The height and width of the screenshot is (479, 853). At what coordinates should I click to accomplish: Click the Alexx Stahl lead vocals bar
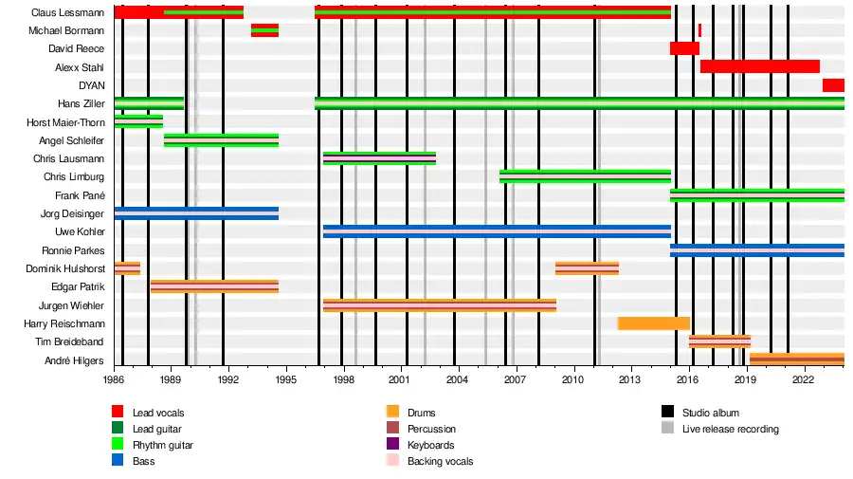[x=759, y=66]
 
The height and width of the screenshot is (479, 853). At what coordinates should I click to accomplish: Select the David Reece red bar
[x=683, y=48]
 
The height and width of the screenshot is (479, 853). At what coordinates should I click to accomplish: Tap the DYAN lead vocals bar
[x=833, y=85]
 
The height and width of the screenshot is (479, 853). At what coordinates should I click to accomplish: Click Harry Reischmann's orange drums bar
[x=654, y=323]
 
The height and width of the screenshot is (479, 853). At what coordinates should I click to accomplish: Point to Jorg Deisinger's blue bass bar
[x=196, y=213]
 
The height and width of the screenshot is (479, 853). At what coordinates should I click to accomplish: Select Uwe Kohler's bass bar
[x=496, y=231]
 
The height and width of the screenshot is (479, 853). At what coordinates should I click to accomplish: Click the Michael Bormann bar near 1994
[x=264, y=30]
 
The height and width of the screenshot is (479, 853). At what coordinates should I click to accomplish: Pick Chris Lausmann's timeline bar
[x=379, y=158]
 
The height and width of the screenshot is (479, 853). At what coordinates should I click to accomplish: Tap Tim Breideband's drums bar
[x=719, y=341]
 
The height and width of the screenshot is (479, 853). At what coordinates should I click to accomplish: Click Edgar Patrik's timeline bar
[x=214, y=286]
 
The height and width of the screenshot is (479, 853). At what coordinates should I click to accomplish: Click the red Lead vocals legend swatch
[x=118, y=413]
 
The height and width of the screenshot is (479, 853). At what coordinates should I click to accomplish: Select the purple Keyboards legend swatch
[x=392, y=445]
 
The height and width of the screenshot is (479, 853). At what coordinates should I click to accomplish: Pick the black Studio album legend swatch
[x=667, y=413]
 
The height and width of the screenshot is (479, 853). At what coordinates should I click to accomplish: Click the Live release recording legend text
[x=730, y=429]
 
